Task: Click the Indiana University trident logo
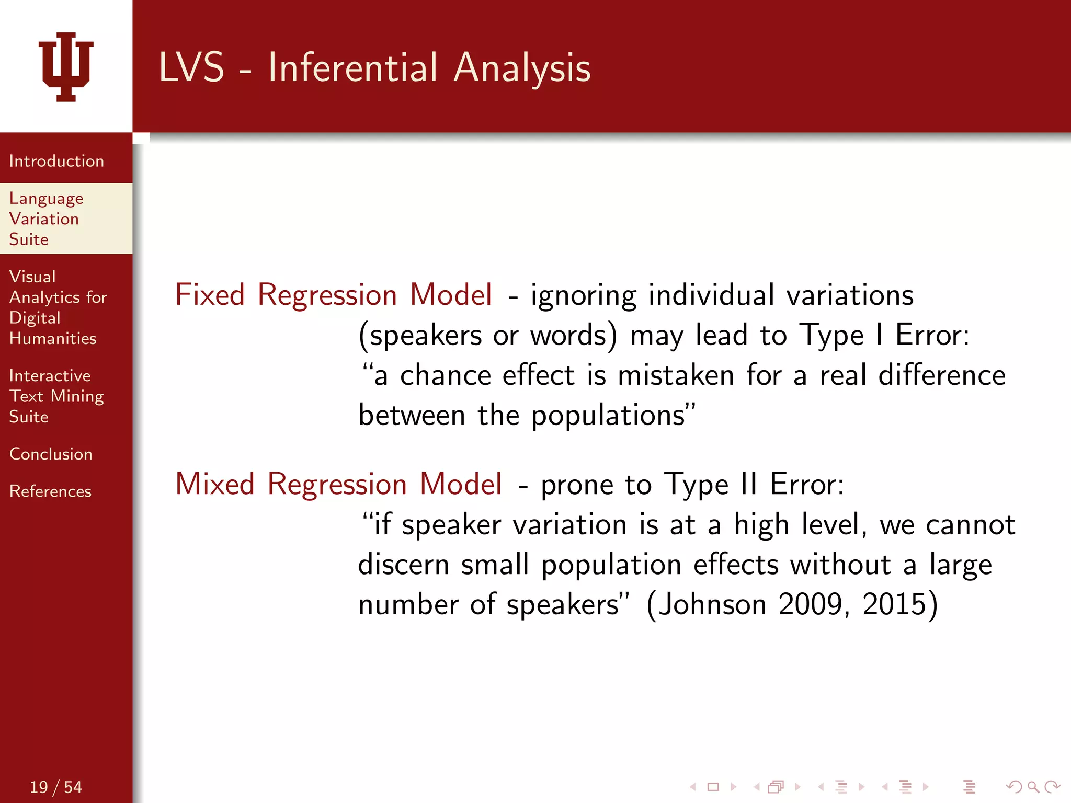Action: [x=66, y=66]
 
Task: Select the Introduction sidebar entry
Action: [x=56, y=161]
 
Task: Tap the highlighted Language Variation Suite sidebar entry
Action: [x=46, y=219]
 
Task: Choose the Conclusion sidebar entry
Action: [x=51, y=454]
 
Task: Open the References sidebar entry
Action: [x=50, y=491]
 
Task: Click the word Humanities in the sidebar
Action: [x=53, y=338]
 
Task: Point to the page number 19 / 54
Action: [x=56, y=787]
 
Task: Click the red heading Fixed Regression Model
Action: [x=333, y=294]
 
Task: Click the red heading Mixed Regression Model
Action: [x=338, y=484]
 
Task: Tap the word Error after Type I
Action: [x=932, y=335]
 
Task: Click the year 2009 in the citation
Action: [x=810, y=604]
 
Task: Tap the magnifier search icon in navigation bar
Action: [x=1033, y=787]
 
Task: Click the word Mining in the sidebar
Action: [x=77, y=397]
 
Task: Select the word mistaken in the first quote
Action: [x=676, y=375]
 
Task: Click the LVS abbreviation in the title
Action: [x=191, y=68]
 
